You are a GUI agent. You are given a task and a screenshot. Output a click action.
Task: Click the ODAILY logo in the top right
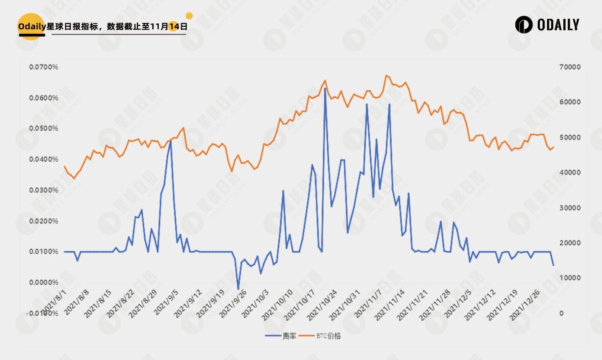coord(547,25)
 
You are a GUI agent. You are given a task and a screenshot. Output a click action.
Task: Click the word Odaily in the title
coord(32,26)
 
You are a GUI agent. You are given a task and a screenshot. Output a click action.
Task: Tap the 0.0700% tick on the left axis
coord(44,67)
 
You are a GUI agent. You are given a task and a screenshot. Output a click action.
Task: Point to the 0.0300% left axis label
coord(44,190)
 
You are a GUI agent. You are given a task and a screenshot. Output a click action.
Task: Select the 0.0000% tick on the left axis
coord(44,282)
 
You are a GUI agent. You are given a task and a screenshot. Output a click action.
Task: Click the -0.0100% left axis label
coord(42,313)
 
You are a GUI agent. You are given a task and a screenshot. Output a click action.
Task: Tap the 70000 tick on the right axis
coord(570,67)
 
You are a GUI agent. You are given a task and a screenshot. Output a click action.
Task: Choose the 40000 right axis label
coord(570,173)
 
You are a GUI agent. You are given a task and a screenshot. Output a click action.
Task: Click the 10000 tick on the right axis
coord(570,278)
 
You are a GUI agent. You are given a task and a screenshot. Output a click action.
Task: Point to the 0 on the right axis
coord(561,313)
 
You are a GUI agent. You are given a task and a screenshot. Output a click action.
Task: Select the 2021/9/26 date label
coord(233,304)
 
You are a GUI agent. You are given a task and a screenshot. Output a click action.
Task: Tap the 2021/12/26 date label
coord(525,305)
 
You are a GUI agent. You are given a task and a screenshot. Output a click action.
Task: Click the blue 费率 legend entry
coord(281,336)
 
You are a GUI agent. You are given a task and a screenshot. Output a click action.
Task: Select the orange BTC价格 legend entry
coord(320,336)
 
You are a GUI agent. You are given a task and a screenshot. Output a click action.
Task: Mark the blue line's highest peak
coord(325,89)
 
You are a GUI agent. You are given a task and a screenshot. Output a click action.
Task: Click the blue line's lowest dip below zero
coord(238,289)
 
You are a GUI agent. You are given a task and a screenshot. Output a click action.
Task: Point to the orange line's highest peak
coord(386,75)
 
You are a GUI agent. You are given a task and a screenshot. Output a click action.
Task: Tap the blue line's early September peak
coord(171,141)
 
